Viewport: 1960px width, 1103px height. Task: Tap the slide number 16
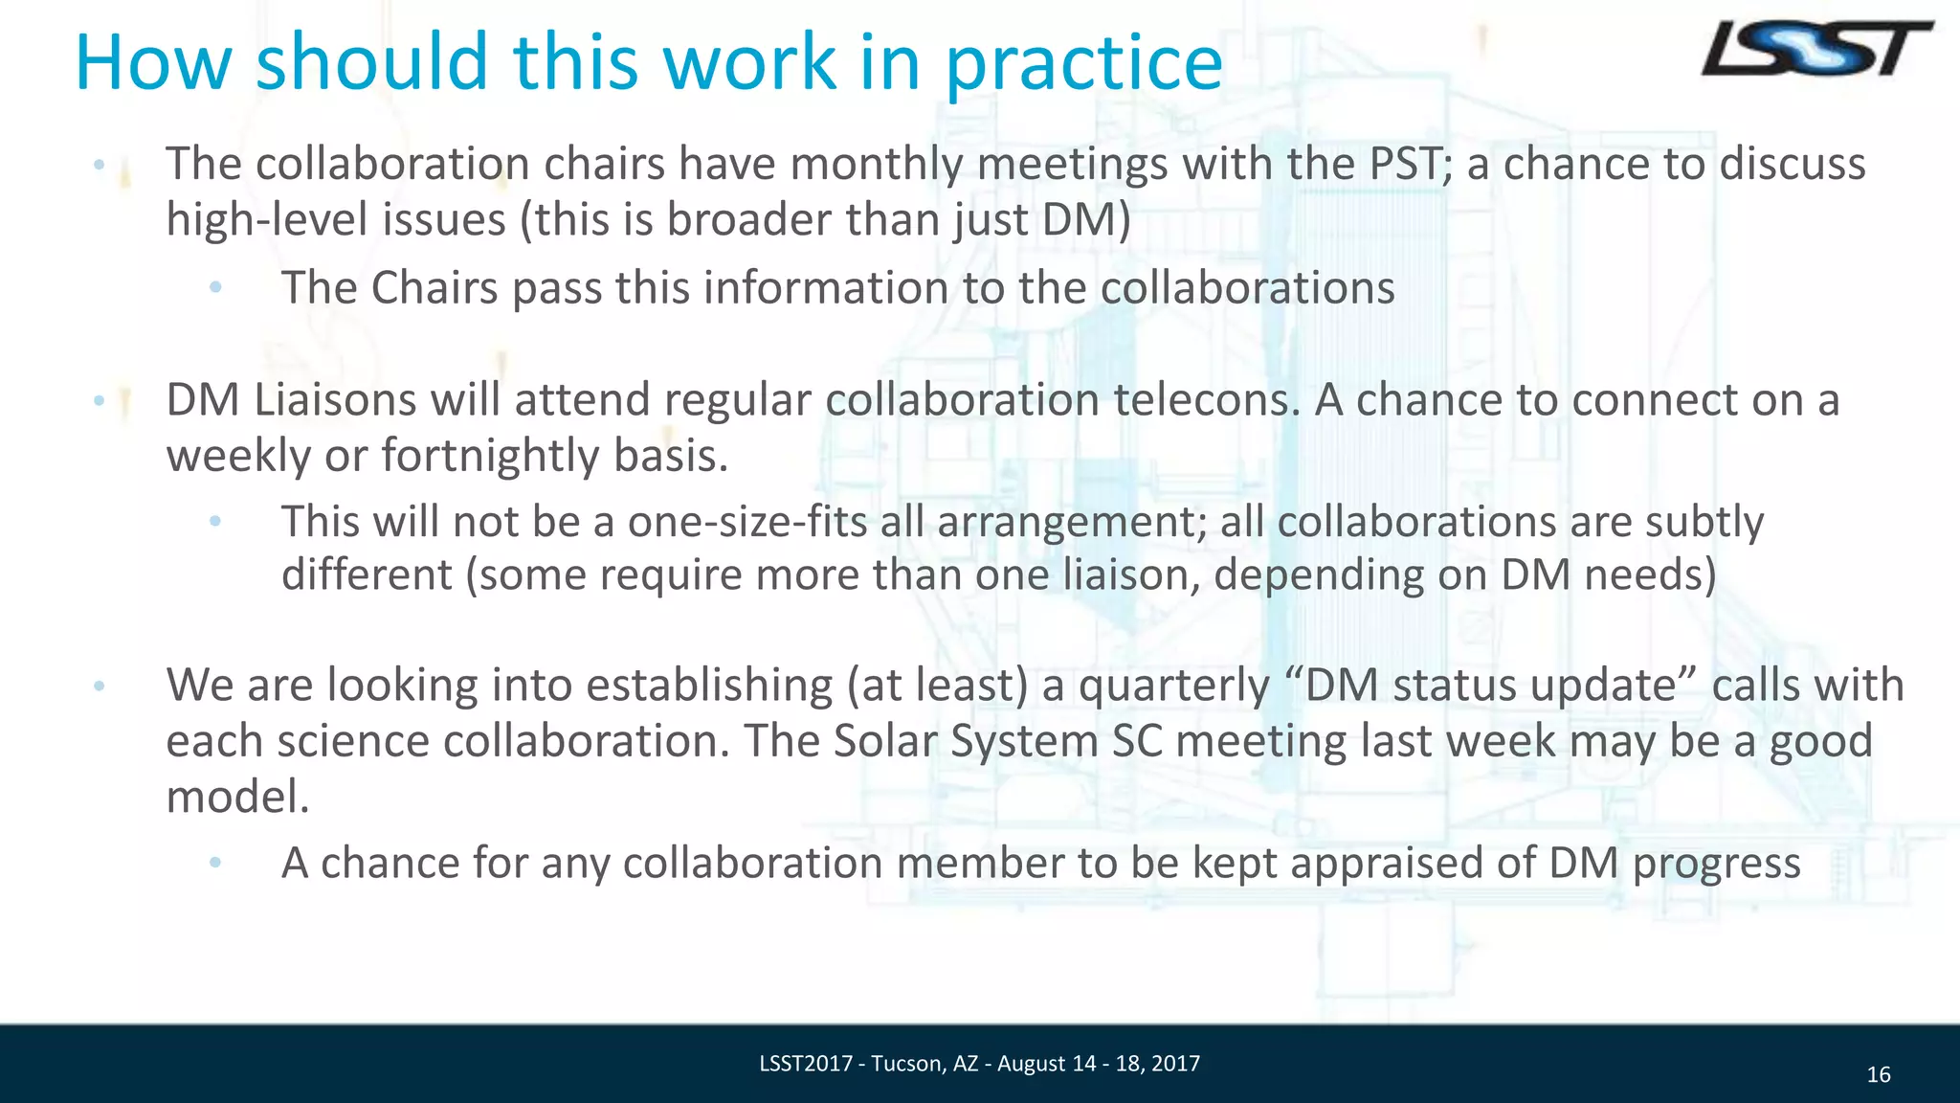[x=1879, y=1075]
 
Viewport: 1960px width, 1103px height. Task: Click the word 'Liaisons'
[x=335, y=399]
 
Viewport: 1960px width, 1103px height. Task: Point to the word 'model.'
[x=238, y=797]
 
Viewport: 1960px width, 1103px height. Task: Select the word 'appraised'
[x=1389, y=864]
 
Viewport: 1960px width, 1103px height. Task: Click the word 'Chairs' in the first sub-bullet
[x=434, y=288]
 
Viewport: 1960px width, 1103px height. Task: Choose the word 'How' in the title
[x=153, y=64]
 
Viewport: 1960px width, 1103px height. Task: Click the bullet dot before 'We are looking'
[x=99, y=686]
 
